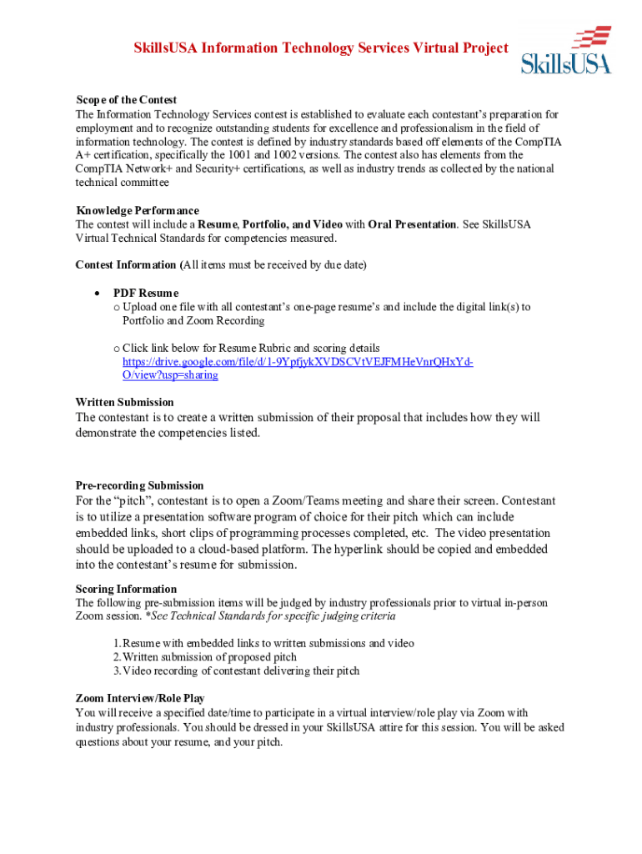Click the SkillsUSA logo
(x=567, y=51)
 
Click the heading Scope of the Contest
(x=126, y=100)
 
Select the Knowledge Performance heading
(x=137, y=210)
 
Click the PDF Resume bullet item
(x=146, y=293)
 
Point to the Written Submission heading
(x=124, y=402)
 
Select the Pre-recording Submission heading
(x=139, y=485)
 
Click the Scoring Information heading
(x=126, y=589)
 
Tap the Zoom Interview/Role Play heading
(x=140, y=698)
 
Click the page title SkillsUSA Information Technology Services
(x=321, y=48)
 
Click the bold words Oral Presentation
(x=412, y=224)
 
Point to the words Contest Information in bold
(x=126, y=265)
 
